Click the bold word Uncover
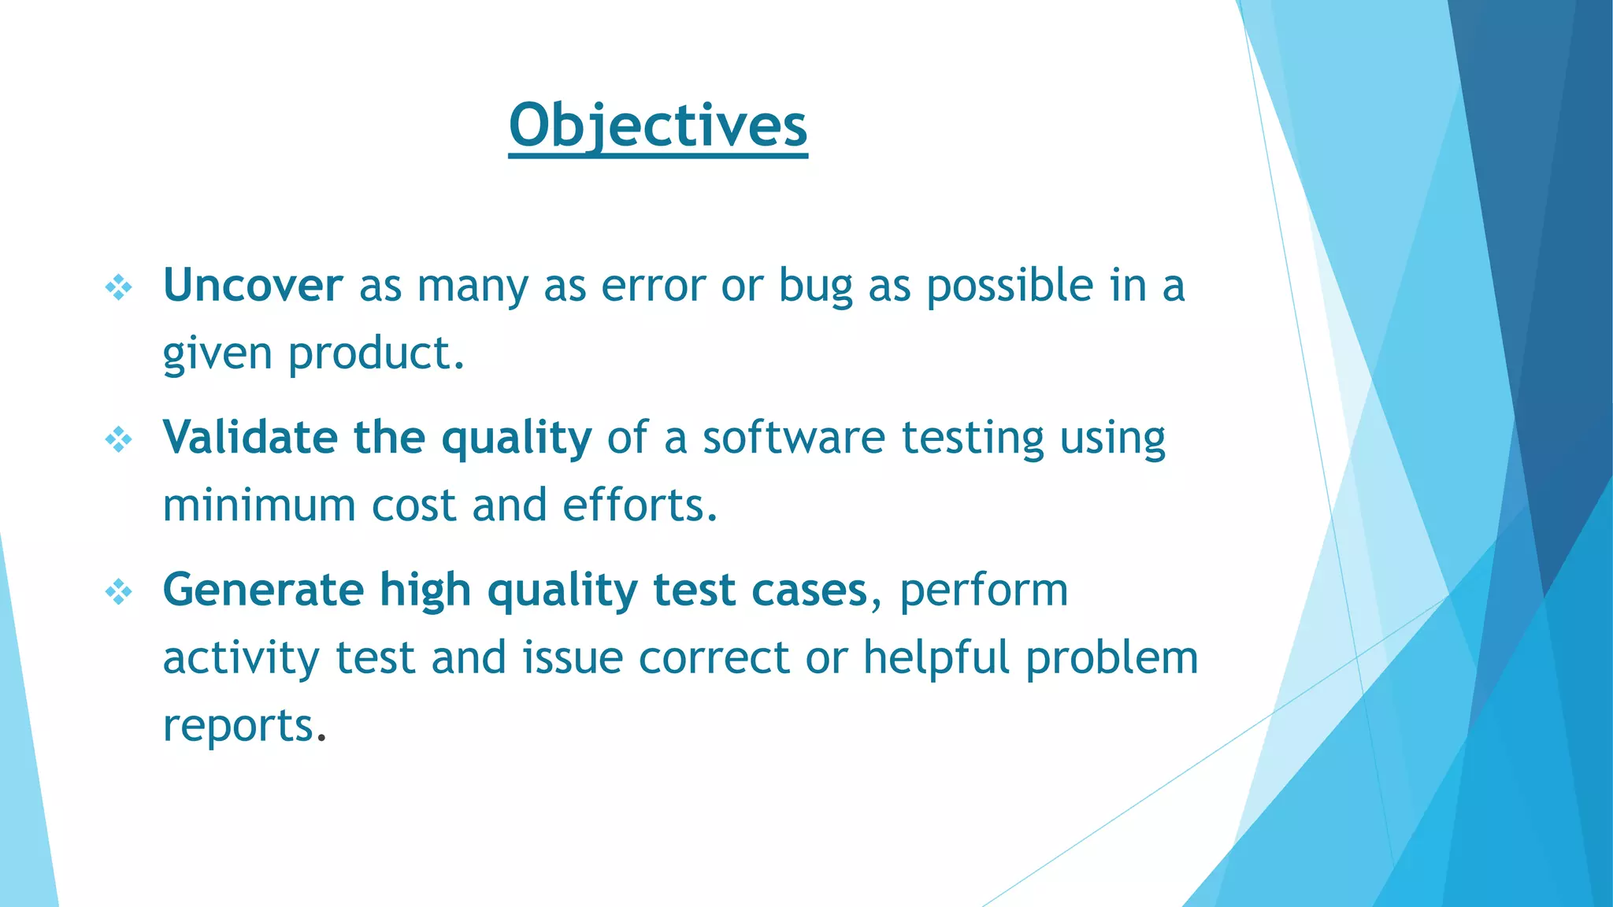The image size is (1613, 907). [x=252, y=285]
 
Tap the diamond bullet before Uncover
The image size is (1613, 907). [x=119, y=287]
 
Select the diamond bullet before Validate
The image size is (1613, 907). [x=119, y=439]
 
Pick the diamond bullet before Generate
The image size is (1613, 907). [x=119, y=591]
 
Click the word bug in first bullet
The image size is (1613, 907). [x=815, y=287]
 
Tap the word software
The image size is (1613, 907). [x=794, y=437]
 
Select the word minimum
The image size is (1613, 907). [x=259, y=505]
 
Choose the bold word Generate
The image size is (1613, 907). [x=263, y=590]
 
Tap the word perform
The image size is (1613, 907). [x=984, y=591]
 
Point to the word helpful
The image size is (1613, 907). [x=936, y=658]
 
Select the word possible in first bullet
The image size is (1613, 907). [x=1010, y=287]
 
